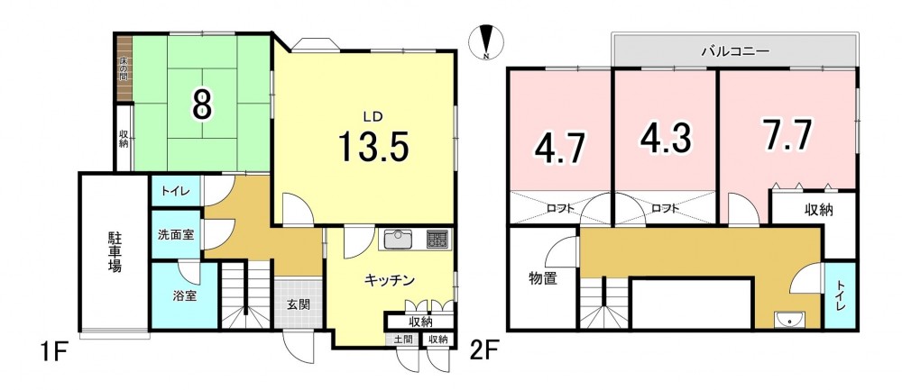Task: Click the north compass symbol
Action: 487,43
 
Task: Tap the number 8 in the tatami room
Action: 201,104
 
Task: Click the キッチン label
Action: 390,280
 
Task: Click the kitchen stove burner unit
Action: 437,240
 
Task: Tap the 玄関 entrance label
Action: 298,304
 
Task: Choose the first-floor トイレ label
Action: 175,191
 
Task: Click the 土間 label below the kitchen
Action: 402,340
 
